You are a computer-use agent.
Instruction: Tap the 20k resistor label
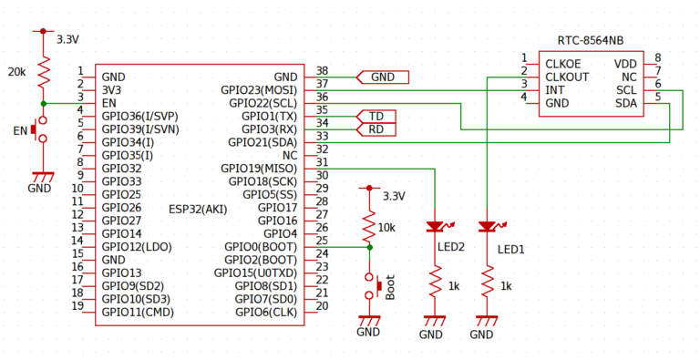click(17, 71)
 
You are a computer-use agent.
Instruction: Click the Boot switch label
click(390, 287)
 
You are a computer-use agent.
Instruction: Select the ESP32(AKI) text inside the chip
click(198, 209)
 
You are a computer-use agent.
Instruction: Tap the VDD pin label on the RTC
click(625, 64)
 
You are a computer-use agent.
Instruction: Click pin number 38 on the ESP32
click(322, 71)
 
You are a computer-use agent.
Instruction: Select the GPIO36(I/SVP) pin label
click(139, 117)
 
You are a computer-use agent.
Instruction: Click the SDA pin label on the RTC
click(625, 103)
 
